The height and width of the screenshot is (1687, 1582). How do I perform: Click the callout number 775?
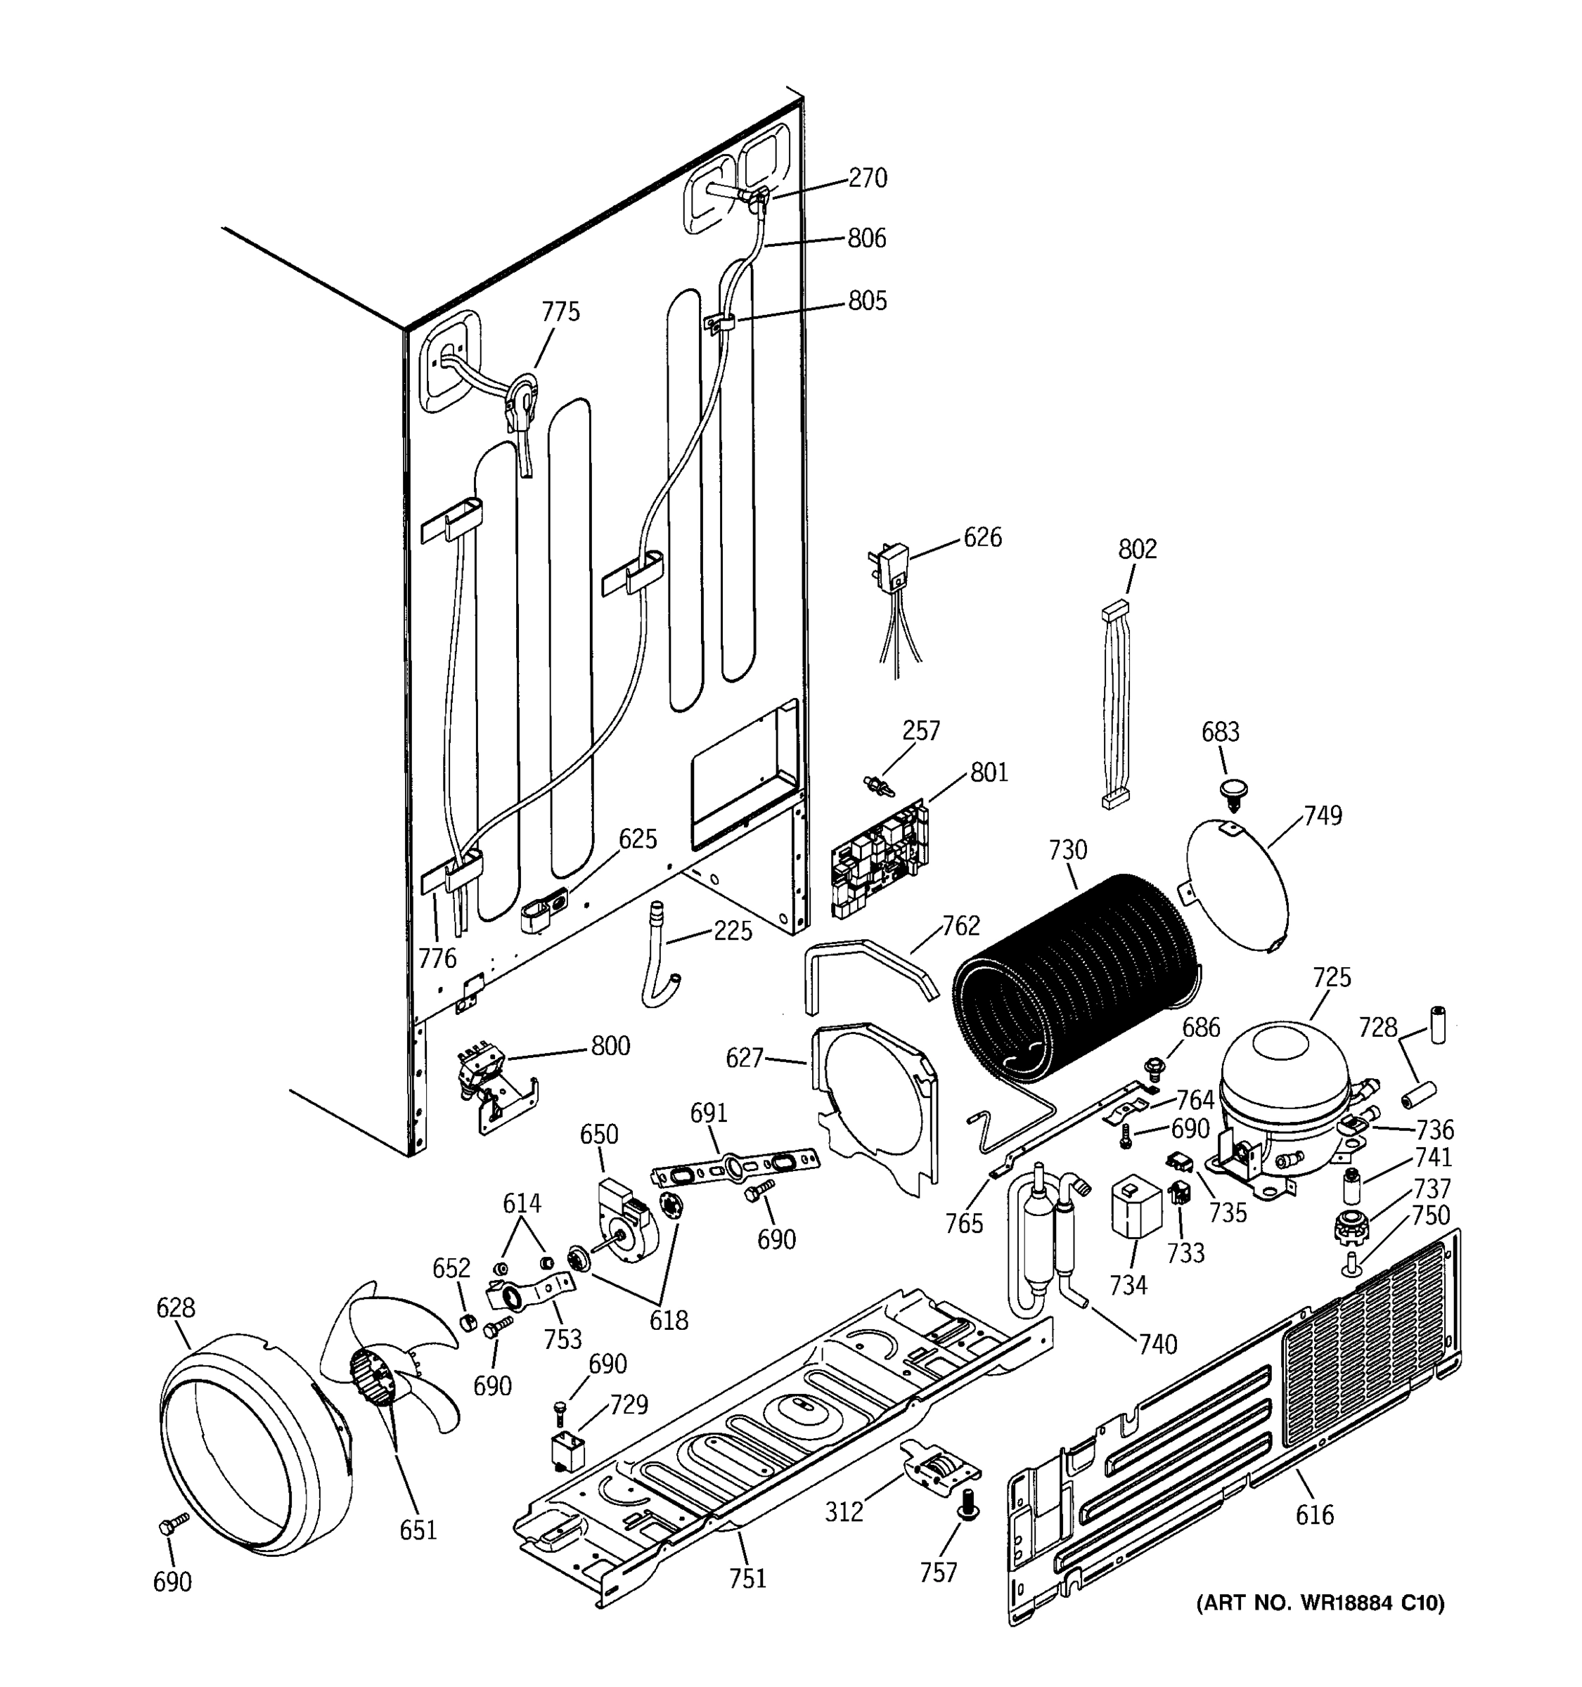click(x=560, y=311)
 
